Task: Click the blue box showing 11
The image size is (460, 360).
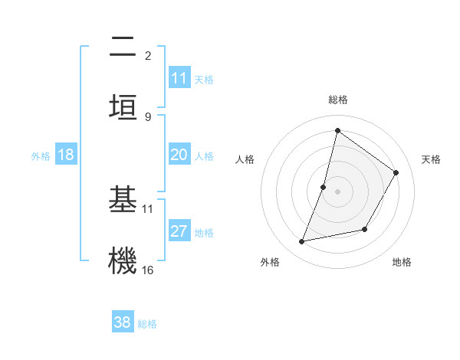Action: click(x=179, y=78)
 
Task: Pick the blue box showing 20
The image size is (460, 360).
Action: click(x=179, y=155)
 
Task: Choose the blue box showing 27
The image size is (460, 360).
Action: click(x=179, y=231)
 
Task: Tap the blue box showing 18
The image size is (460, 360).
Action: click(x=66, y=155)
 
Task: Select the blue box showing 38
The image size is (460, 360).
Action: click(x=123, y=322)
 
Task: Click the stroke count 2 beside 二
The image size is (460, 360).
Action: click(x=148, y=55)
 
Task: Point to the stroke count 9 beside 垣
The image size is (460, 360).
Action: click(x=148, y=116)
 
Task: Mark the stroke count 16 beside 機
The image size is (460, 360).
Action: click(x=148, y=270)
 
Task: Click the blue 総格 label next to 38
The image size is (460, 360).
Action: click(x=147, y=324)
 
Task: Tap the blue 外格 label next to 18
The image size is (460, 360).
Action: click(x=41, y=156)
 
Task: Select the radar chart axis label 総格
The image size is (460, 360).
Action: click(x=337, y=100)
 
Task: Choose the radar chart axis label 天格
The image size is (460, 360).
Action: click(x=431, y=159)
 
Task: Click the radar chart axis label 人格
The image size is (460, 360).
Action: click(x=245, y=159)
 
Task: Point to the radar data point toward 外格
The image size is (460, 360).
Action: click(x=302, y=242)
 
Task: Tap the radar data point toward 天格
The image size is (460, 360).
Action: click(x=396, y=172)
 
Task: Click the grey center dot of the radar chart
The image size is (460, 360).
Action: click(x=337, y=191)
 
